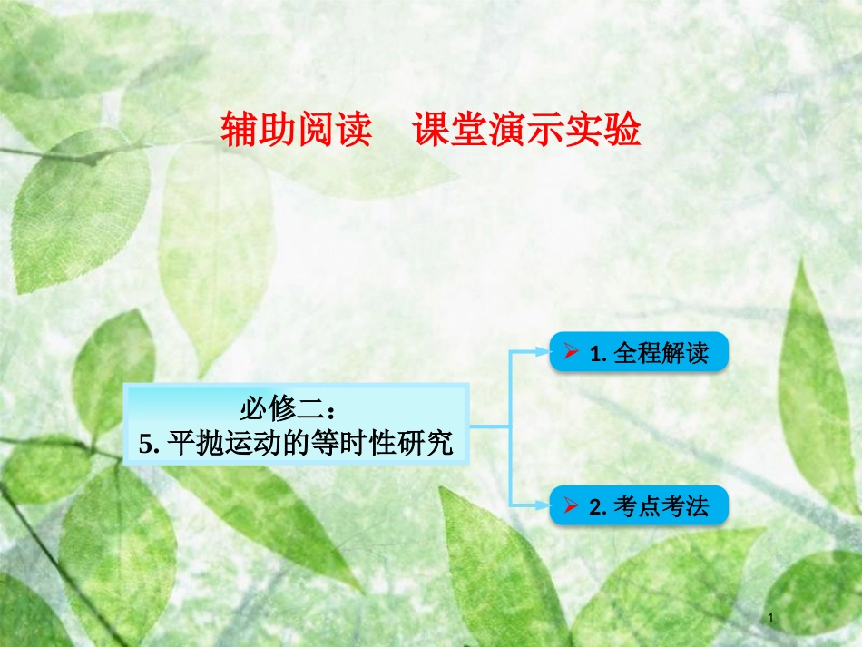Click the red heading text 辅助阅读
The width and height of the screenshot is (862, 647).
click(x=297, y=131)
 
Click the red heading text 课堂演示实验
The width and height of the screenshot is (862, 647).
click(x=527, y=131)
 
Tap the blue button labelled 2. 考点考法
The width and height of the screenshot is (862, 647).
click(x=639, y=506)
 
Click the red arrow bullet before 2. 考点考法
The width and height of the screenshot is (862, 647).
click(x=572, y=506)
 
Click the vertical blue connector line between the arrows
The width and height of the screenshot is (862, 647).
click(x=511, y=426)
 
